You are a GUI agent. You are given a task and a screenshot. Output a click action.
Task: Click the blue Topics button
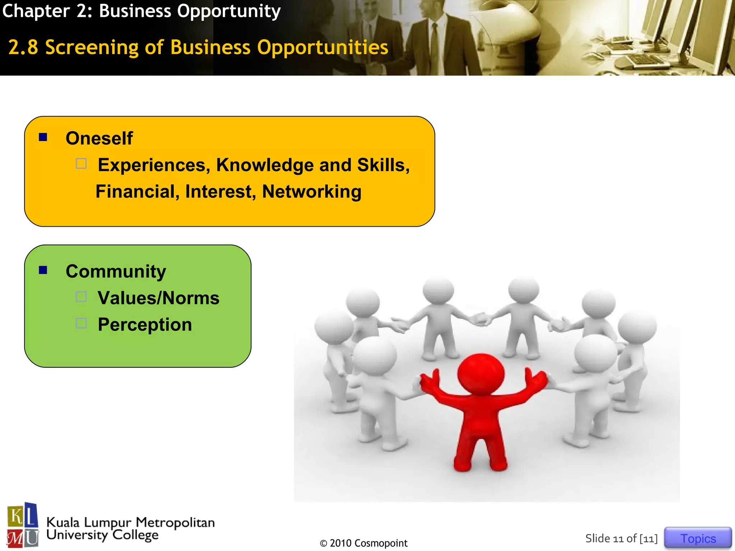pos(698,538)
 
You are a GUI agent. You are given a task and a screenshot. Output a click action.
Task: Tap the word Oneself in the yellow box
pos(99,138)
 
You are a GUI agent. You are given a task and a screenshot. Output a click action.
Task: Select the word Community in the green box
pos(116,271)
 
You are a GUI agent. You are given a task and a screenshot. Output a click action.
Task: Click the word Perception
pos(145,325)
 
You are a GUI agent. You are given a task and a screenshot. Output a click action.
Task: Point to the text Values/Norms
pos(158,298)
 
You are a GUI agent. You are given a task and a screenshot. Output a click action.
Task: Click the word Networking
pos(312,192)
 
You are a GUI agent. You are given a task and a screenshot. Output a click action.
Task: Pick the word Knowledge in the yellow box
pos(265,165)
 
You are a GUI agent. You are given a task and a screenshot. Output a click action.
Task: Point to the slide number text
pos(621,538)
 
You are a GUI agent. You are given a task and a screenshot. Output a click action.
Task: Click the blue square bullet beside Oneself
pos(43,137)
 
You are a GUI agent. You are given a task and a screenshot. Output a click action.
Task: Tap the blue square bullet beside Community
pos(43,270)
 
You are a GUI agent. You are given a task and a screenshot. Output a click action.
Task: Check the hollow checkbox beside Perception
pos(81,323)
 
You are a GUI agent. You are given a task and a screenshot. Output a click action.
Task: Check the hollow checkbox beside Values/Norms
pos(81,297)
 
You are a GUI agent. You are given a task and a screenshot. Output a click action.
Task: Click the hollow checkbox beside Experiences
pos(81,164)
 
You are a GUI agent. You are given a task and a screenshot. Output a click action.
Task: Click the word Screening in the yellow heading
pos(92,48)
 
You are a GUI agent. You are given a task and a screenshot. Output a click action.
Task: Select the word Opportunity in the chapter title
pos(229,11)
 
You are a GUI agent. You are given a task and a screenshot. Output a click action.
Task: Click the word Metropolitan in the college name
pos(175,522)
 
